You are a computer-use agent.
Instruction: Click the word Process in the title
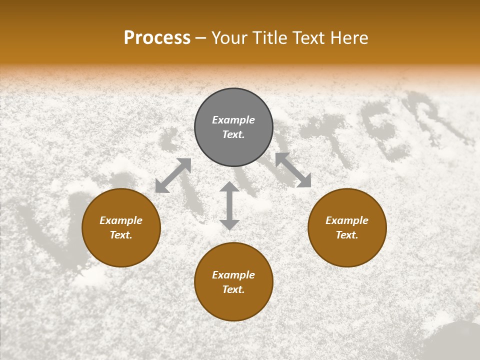click(157, 38)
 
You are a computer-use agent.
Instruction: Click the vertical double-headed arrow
click(229, 205)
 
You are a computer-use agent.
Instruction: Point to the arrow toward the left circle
click(173, 175)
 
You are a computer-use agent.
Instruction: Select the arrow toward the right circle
click(293, 170)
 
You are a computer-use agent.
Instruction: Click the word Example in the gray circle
click(233, 120)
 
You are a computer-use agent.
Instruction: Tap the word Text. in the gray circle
click(233, 134)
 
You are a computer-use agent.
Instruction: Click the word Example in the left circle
click(121, 220)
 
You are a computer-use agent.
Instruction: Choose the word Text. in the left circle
click(121, 235)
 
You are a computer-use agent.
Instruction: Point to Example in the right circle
click(347, 220)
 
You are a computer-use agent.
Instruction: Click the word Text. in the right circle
click(347, 235)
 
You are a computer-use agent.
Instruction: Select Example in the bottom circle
click(233, 275)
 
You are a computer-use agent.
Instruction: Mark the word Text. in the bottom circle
click(233, 289)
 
